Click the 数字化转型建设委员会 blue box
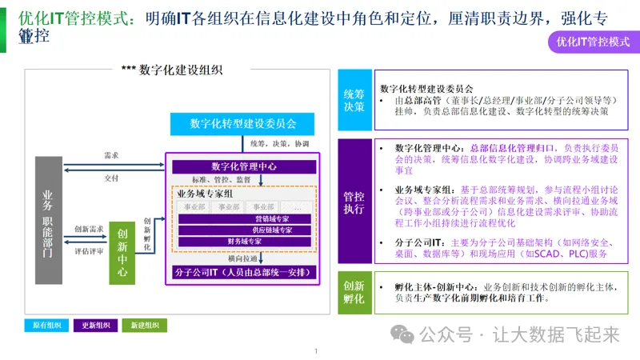243,124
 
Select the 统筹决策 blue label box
354,100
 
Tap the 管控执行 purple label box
354,202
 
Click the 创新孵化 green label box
354,293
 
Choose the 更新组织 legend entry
95,326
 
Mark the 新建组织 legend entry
145,326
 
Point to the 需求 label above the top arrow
112,155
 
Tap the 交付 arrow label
112,178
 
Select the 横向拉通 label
242,259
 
